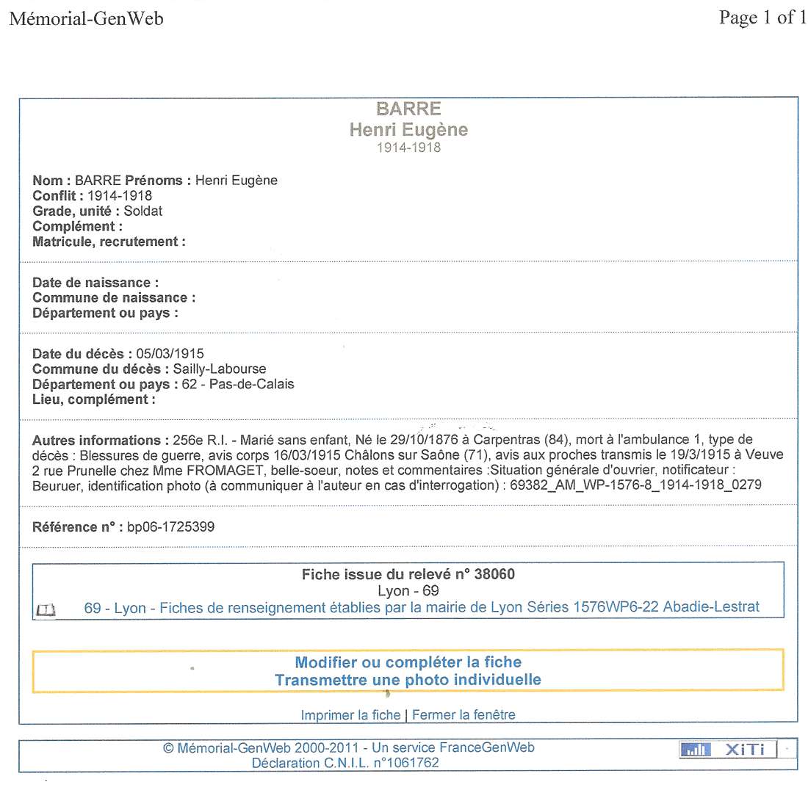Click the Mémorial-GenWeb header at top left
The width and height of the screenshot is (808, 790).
pos(86,18)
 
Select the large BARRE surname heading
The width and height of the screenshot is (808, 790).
pos(408,109)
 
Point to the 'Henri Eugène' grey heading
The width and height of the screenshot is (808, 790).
pos(408,130)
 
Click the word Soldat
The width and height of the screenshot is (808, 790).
pos(143,211)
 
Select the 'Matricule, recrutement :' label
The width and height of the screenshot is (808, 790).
pos(109,241)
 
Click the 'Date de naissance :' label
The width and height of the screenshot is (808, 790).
pos(95,283)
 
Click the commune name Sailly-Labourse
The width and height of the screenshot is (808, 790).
pos(220,369)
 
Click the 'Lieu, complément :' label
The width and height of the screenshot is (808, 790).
pos(94,399)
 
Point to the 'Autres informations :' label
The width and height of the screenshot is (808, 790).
pos(96,441)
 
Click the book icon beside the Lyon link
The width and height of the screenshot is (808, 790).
pos(46,609)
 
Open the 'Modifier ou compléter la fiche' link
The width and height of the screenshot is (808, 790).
pos(408,662)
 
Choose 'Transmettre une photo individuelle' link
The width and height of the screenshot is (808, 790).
pos(408,680)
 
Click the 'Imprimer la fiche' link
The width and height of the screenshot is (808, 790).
pos(350,714)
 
